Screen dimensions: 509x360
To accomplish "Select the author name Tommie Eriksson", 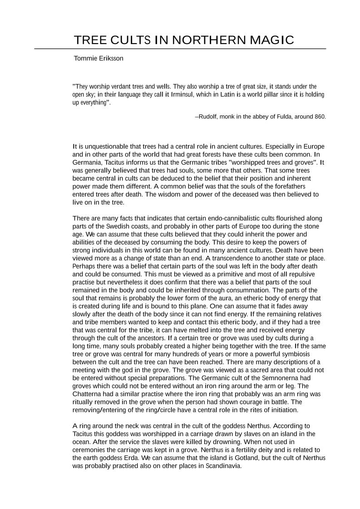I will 99,59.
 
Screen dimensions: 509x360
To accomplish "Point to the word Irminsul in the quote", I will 182,94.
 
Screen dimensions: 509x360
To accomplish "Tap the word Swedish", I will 119,226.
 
